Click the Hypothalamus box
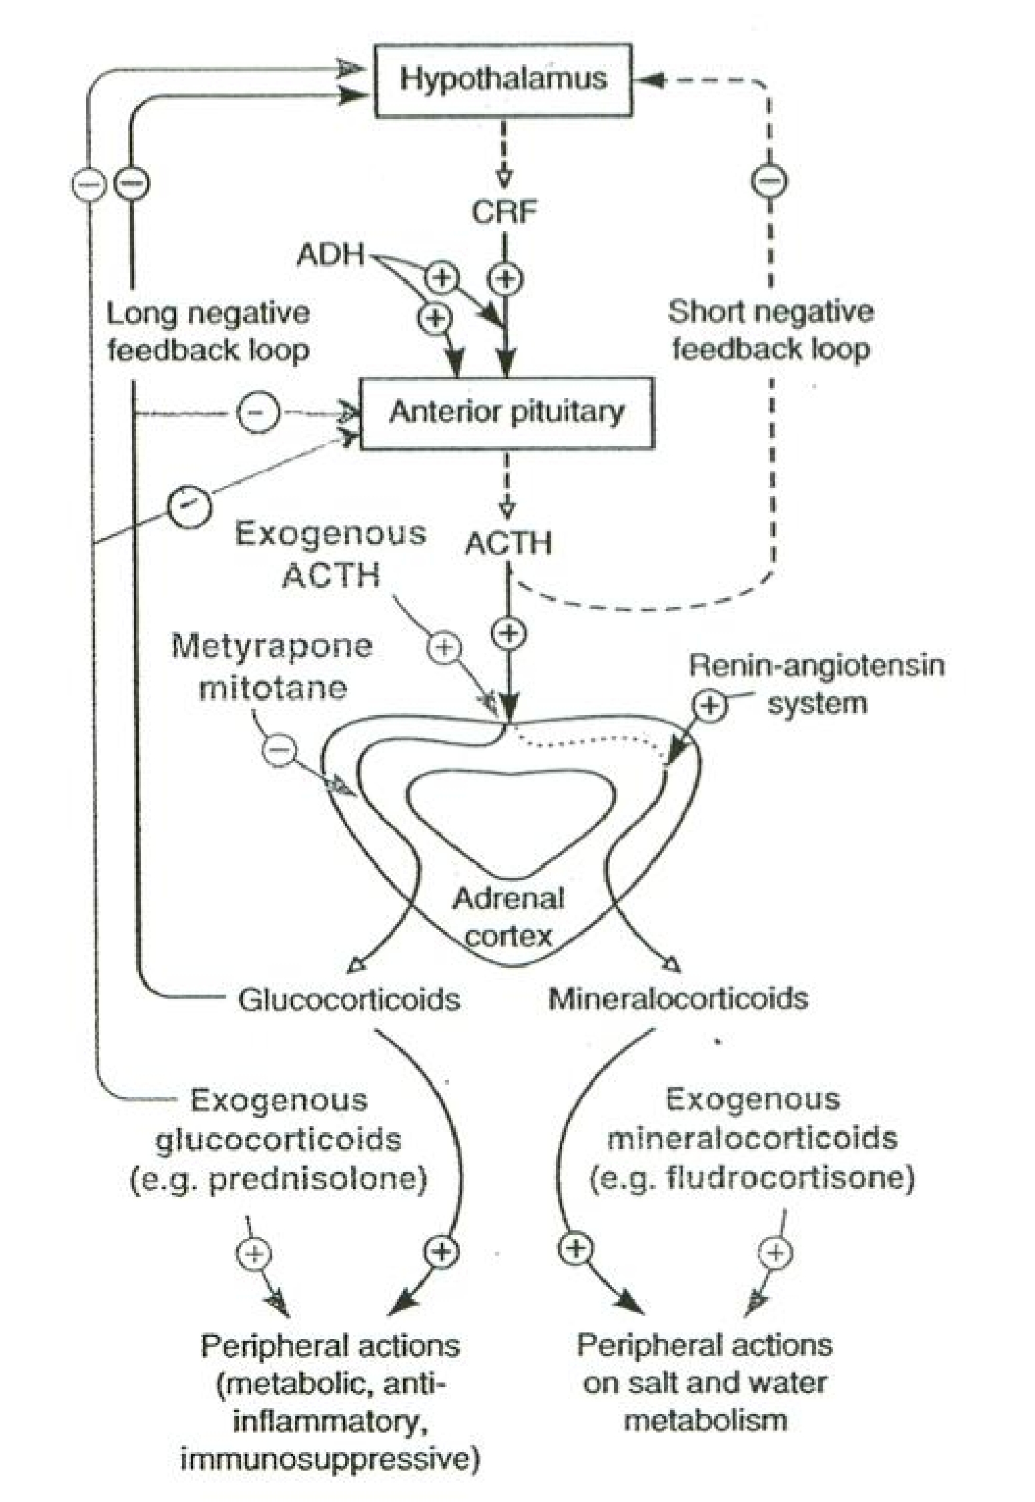click(503, 80)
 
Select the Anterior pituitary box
click(506, 413)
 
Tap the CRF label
click(504, 212)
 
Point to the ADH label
click(331, 254)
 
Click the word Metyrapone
click(272, 646)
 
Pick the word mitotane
click(273, 688)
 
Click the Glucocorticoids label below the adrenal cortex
click(349, 999)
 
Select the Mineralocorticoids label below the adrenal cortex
click(678, 999)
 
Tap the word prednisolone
click(317, 1180)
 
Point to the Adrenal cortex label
click(508, 917)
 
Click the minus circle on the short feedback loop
click(770, 181)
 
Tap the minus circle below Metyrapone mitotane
click(278, 749)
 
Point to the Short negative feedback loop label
click(771, 330)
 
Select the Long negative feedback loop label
click(208, 332)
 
